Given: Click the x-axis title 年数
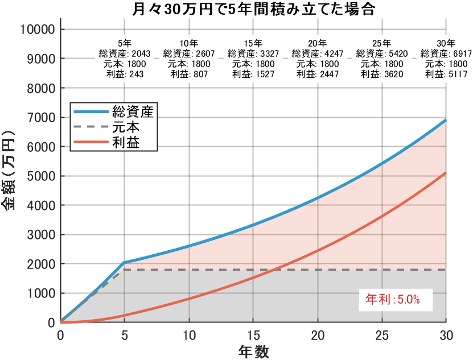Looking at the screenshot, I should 253,351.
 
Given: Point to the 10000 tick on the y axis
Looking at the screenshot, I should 38,29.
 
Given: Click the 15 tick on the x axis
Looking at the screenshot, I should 253,335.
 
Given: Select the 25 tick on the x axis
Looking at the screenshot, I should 382,335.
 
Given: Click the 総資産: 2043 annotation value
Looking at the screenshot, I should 125,53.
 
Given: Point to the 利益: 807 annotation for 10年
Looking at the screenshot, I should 189,74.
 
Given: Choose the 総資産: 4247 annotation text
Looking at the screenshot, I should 318,53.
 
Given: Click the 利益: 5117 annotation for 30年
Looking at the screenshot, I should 446,74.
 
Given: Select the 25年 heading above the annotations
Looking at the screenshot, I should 382,43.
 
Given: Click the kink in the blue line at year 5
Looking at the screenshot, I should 125,263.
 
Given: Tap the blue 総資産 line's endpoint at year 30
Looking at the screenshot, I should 446,120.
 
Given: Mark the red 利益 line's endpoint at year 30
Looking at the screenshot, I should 446,173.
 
